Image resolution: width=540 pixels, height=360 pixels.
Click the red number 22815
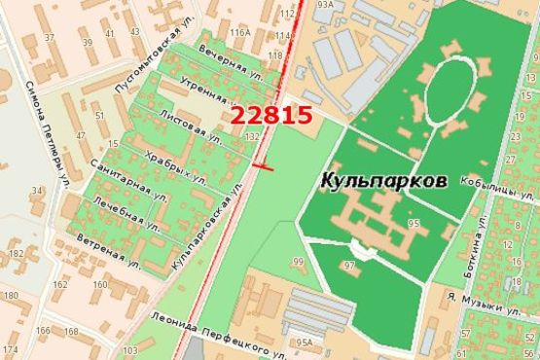coord(271,115)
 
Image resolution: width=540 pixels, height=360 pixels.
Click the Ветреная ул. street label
coord(111,250)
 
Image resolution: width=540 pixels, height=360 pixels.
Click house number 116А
coord(240,34)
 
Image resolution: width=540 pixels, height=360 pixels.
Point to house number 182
coord(15,253)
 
